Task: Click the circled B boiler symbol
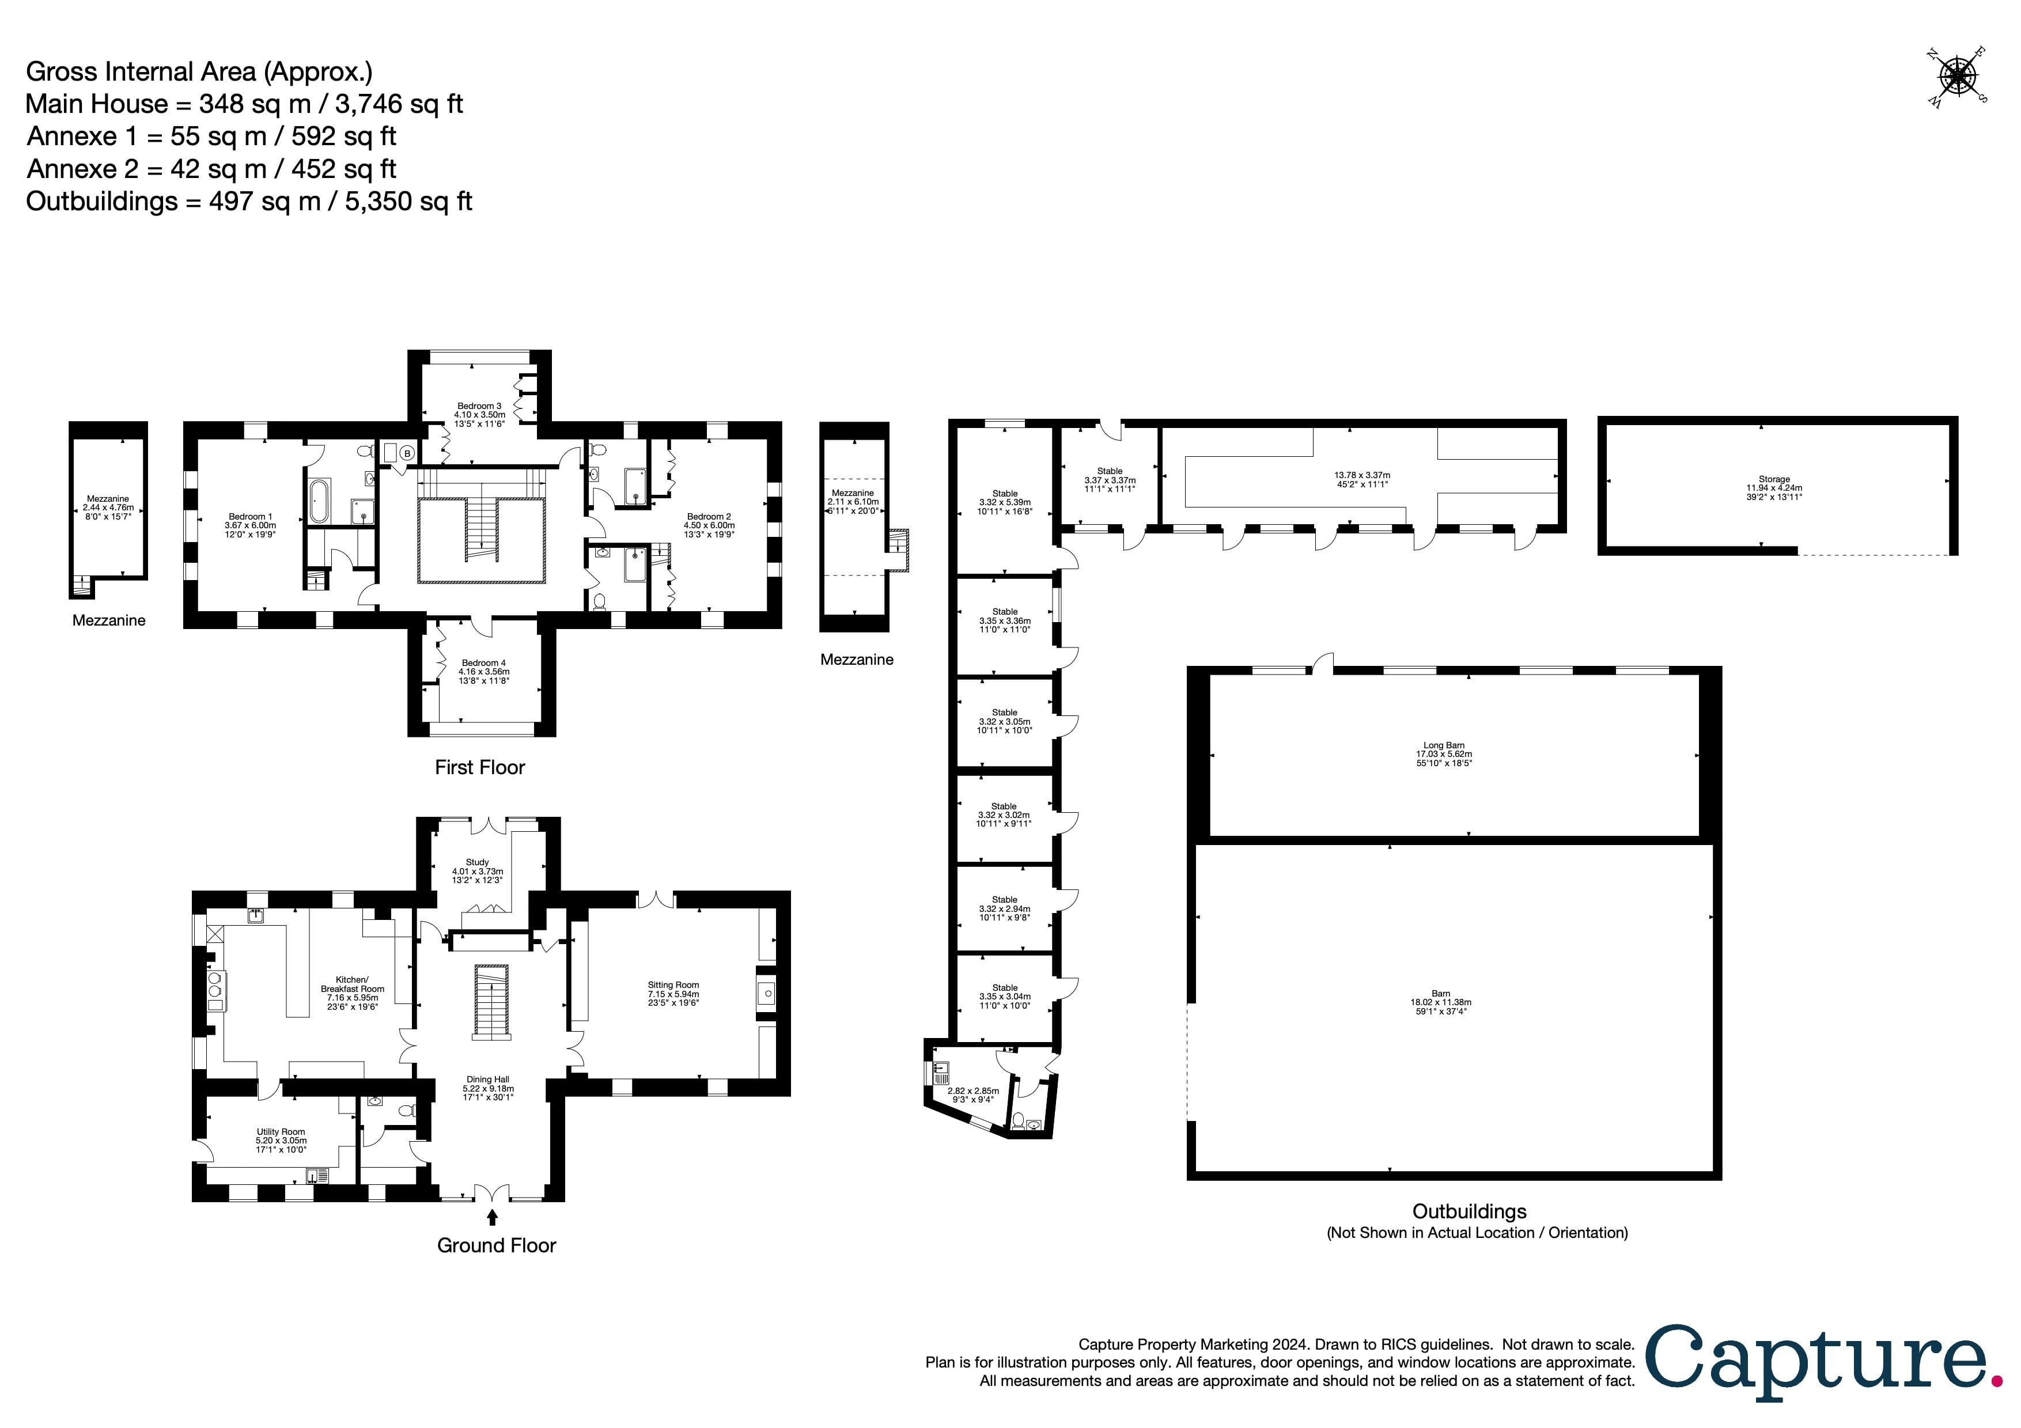407,454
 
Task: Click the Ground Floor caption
497,1245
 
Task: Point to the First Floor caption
480,767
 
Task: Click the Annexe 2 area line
211,169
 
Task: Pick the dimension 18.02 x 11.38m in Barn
1441,1002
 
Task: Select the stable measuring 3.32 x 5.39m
1004,502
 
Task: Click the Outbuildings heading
1469,1211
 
